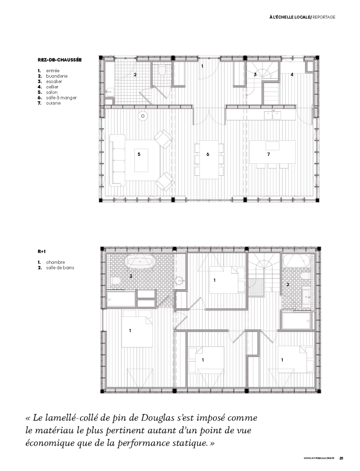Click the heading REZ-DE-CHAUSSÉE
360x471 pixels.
59,60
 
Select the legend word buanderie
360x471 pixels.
57,76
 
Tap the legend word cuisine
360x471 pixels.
53,103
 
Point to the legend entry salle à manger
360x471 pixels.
61,98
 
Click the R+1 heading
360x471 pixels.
42,252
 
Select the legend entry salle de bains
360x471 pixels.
60,268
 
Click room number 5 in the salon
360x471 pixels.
139,155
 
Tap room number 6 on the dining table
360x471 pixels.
208,155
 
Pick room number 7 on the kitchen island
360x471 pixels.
269,155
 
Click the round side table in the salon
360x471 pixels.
143,115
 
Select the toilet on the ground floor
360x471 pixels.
161,70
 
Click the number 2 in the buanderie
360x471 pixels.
135,74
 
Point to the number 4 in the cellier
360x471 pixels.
292,74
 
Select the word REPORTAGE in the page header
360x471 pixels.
324,17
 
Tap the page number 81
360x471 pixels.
341,459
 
